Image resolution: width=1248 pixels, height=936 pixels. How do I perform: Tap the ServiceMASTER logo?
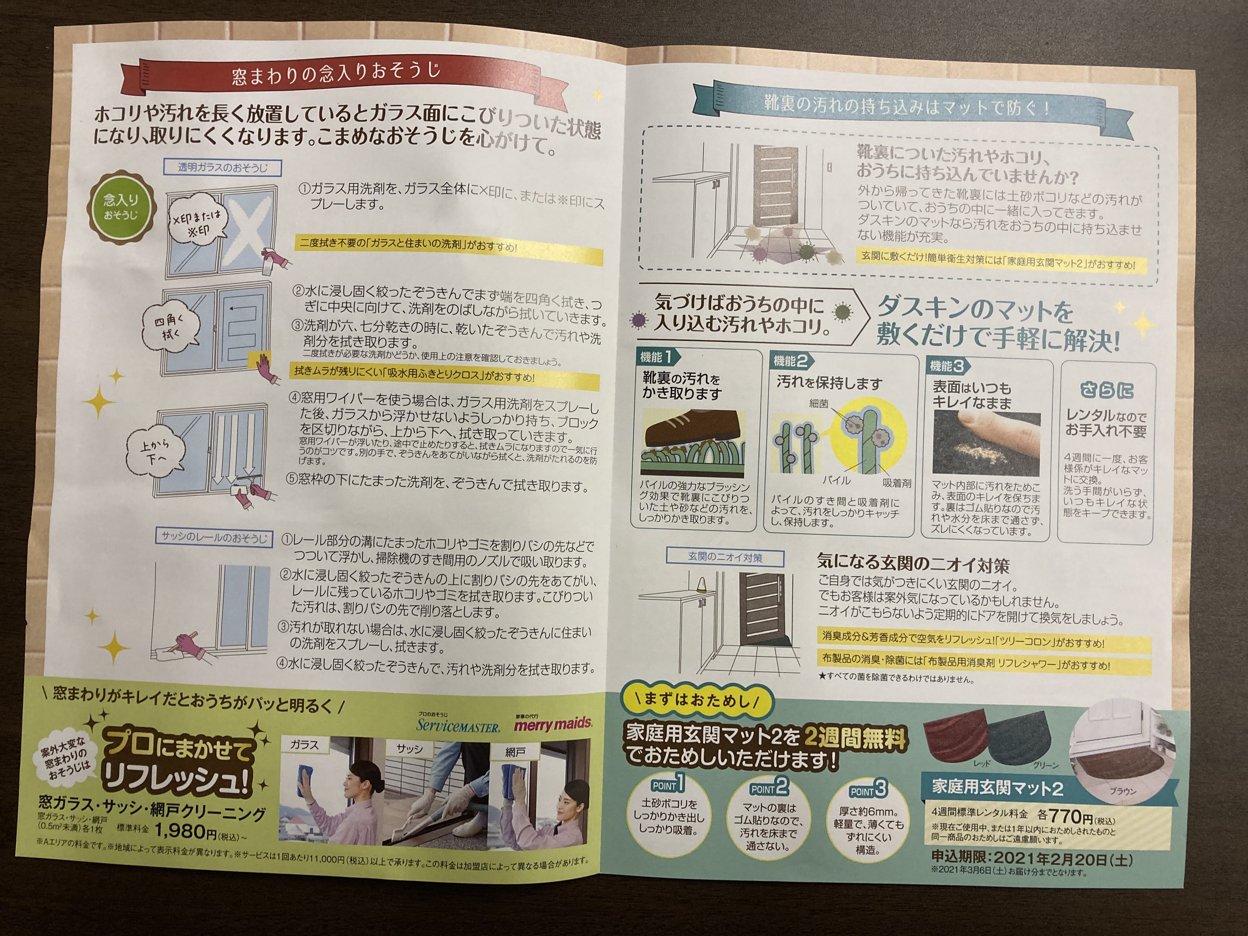coord(458,724)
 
